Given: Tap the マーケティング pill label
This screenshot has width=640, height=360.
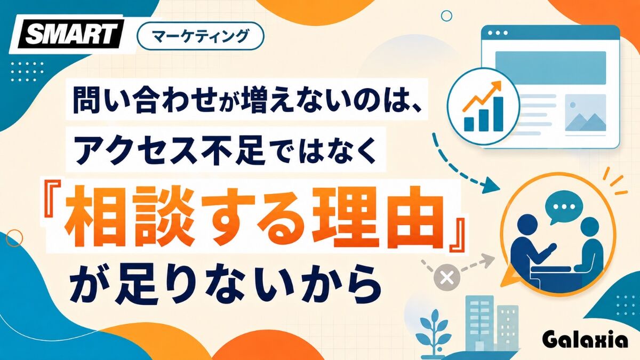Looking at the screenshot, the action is [201, 36].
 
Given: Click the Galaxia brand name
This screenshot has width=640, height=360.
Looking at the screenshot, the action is [586, 341].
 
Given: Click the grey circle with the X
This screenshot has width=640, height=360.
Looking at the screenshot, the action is [447, 277].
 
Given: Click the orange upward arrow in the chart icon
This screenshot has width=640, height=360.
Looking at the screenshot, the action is [482, 95].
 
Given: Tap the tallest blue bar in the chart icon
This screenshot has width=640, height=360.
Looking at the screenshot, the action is [499, 114].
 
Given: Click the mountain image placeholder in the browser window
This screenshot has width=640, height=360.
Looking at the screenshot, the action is [586, 113].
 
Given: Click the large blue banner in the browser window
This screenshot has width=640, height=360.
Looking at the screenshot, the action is [550, 68].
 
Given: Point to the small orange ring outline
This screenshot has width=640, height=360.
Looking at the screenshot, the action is [14, 238].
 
